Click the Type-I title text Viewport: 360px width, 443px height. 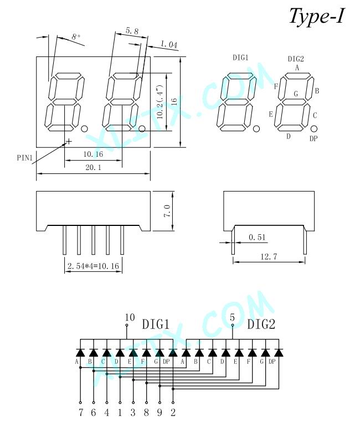click(x=317, y=16)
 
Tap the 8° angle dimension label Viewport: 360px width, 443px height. click(x=76, y=37)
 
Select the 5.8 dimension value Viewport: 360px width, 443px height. click(x=132, y=30)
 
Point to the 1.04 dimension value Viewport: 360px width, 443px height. click(x=169, y=44)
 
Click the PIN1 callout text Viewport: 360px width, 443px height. click(x=25, y=157)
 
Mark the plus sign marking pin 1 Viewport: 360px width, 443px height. click(x=69, y=141)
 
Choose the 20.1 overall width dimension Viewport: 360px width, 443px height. click(x=93, y=168)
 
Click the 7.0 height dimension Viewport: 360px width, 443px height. click(x=167, y=210)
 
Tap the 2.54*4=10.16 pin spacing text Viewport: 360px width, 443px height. click(x=93, y=266)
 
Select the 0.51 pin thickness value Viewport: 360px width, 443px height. click(x=257, y=237)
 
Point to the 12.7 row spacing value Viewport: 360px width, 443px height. click(x=269, y=256)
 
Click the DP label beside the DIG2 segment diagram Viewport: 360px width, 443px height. click(x=313, y=138)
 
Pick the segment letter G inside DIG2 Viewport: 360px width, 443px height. click(x=296, y=94)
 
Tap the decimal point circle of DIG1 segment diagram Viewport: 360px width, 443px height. click(x=256, y=129)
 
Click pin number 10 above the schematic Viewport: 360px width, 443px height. click(x=130, y=317)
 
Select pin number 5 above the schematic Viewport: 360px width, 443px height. click(x=232, y=317)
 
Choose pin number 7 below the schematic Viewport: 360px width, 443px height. click(x=81, y=413)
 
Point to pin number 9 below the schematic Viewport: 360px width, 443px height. click(x=160, y=413)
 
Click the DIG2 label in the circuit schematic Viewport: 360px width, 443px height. click(x=261, y=324)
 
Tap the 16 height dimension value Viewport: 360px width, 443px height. click(x=174, y=102)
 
